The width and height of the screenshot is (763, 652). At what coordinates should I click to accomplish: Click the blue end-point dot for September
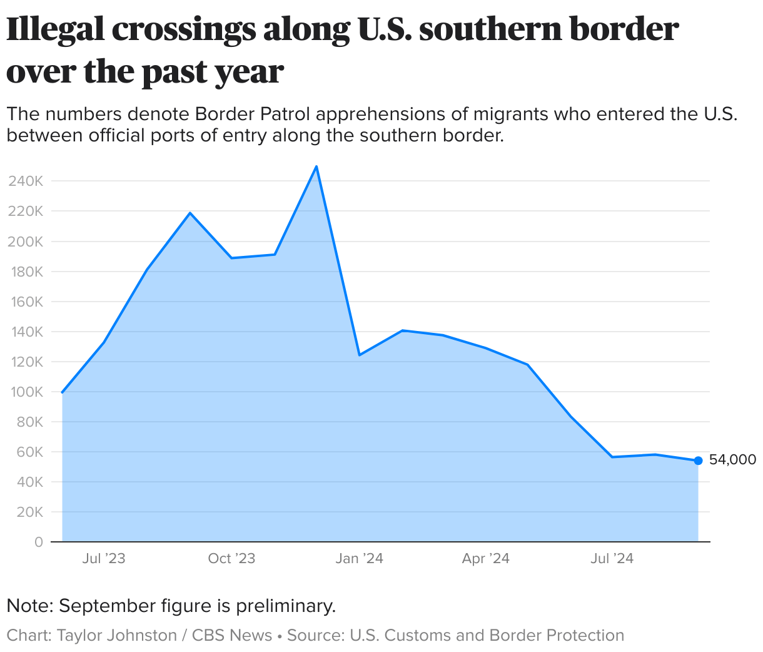click(x=698, y=461)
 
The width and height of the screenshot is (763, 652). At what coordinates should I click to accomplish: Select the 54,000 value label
click(x=732, y=460)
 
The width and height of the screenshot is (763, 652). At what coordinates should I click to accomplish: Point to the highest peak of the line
click(x=316, y=166)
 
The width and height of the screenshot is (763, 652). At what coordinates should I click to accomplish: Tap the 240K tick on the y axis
click(x=26, y=181)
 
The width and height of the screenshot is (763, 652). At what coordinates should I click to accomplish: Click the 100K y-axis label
click(x=26, y=392)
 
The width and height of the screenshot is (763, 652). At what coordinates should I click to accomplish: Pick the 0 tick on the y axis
click(x=39, y=542)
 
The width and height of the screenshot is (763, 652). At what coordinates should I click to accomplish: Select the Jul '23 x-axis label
click(x=104, y=559)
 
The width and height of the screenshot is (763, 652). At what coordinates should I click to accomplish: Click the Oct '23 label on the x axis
click(x=231, y=559)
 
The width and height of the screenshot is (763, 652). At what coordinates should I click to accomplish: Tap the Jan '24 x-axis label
click(x=359, y=559)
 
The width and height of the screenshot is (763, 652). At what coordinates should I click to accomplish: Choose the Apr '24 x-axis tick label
click(x=486, y=559)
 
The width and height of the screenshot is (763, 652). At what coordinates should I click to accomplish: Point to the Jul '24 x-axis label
click(x=612, y=559)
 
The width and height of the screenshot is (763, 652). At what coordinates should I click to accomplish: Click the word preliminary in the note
click(x=285, y=606)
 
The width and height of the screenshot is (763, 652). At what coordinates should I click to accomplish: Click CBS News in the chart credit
click(x=232, y=635)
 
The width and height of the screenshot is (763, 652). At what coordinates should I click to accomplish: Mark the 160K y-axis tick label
click(x=26, y=302)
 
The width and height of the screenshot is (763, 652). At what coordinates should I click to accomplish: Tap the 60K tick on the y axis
click(x=30, y=452)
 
